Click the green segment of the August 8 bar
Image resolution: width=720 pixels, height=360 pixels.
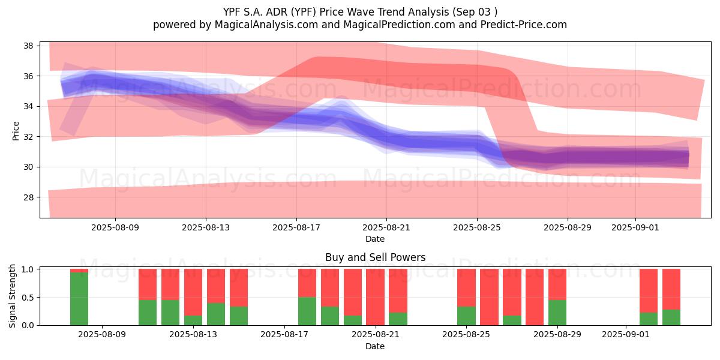[79, 299]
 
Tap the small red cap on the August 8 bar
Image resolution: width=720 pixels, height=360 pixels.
[79, 271]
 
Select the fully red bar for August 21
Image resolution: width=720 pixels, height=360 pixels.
[375, 297]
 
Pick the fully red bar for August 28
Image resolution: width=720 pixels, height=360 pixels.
[535, 297]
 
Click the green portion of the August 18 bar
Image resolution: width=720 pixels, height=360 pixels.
[307, 311]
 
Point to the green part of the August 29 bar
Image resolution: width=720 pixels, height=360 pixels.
[557, 313]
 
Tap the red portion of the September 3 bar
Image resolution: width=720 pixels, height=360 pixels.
[671, 289]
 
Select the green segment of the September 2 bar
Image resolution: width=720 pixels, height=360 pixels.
[649, 319]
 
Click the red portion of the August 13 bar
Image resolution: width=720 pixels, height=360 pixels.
[193, 292]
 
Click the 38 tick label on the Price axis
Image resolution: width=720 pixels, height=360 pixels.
[28, 46]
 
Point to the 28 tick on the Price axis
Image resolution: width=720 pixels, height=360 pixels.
[28, 197]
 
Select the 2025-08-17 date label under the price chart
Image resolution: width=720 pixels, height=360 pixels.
[296, 227]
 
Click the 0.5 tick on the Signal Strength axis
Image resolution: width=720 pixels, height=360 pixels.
[28, 298]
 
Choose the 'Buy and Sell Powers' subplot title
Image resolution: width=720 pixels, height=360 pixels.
[375, 257]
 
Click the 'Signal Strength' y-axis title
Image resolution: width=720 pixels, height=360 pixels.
[12, 296]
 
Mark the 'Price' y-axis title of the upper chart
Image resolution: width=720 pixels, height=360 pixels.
[16, 131]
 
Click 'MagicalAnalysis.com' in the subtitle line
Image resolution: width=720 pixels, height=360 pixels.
[266, 25]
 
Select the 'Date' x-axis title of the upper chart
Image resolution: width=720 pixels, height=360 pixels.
[375, 239]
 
